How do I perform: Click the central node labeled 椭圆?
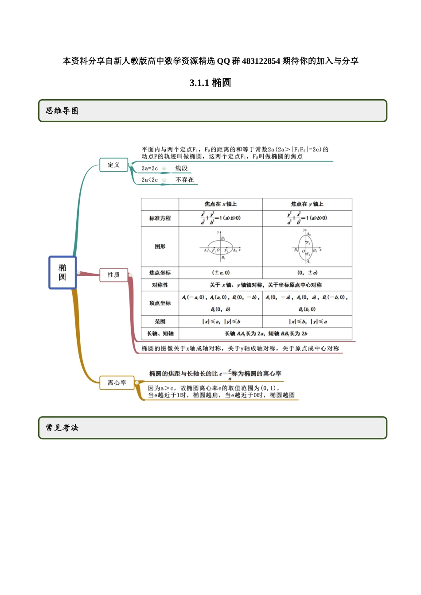pos(62,272)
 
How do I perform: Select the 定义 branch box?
pos(114,165)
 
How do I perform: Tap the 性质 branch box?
pos(114,274)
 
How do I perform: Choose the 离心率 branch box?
pos(117,382)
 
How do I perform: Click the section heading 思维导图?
pos(62,111)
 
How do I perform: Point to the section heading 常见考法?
pos(62,428)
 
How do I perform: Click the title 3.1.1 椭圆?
pos(210,83)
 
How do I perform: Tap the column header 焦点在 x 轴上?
pos(220,204)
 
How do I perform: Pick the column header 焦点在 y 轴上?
pos(307,204)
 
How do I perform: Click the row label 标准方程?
pos(160,218)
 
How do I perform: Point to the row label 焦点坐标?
pos(160,273)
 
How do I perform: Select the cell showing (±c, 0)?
pos(221,273)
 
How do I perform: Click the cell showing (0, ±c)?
pos(307,273)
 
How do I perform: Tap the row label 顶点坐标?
pos(160,303)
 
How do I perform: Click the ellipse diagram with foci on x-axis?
pos(221,247)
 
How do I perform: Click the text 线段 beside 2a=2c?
pos(182,168)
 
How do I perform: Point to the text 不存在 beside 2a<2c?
pos(185,180)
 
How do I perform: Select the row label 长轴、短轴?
pos(160,334)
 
